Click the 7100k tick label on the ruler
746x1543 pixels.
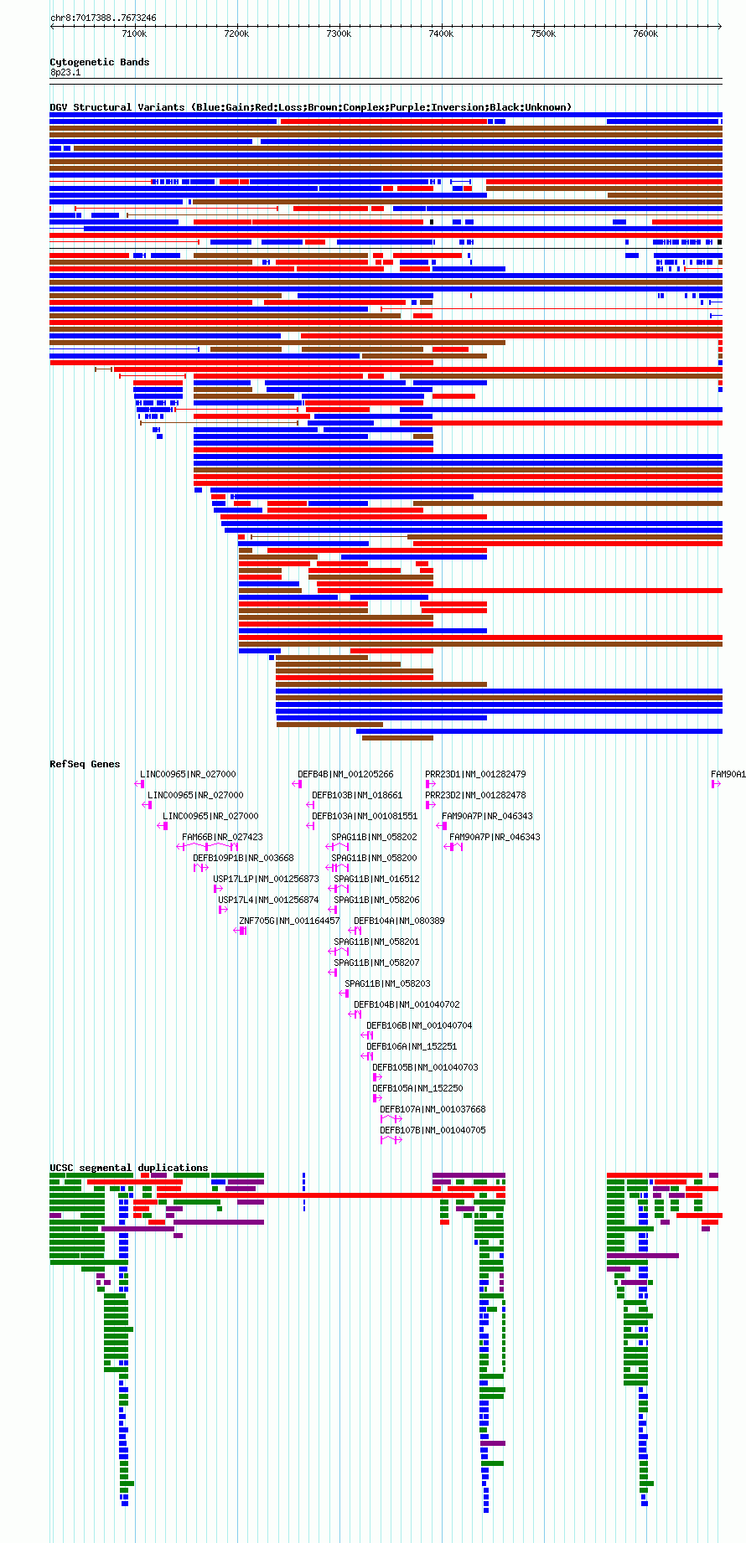(134, 34)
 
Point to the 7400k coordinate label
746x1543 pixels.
(441, 34)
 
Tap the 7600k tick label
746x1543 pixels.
(645, 34)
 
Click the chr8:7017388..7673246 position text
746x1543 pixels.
(103, 18)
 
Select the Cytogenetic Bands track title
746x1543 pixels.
(100, 62)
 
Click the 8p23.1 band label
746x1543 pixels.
(65, 73)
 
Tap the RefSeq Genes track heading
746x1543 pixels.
(85, 764)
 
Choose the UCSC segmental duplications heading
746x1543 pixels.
(129, 1168)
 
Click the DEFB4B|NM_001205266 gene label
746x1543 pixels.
(345, 774)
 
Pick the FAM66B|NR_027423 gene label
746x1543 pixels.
(222, 837)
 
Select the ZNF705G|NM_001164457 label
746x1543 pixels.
(289, 921)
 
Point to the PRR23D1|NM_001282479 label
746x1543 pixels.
(475, 774)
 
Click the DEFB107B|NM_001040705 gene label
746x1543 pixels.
(433, 1130)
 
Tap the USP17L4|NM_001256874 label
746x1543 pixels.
(268, 900)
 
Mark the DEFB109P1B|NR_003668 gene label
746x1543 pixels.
(243, 858)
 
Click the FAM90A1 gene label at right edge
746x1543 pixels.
(728, 774)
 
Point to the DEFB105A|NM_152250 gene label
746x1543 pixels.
(417, 1088)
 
